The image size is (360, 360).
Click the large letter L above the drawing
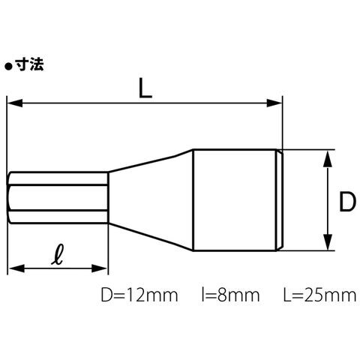click(145, 88)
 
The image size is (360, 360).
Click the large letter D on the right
click(347, 202)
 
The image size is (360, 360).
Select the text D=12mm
click(139, 295)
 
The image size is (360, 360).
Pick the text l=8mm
click(230, 295)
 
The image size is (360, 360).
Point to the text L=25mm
click(319, 295)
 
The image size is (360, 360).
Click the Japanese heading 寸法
click(29, 65)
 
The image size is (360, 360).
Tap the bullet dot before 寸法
click(9, 67)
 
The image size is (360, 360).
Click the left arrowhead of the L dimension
click(15, 103)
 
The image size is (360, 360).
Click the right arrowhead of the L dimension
click(274, 103)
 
